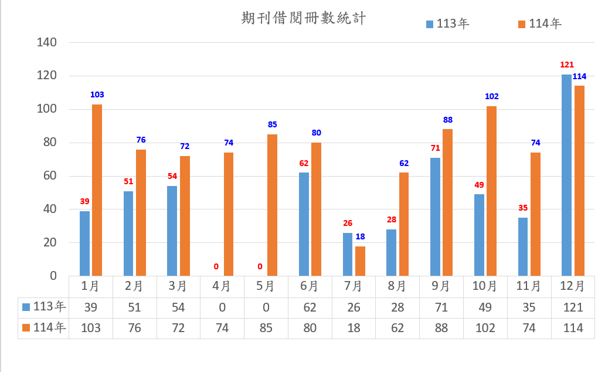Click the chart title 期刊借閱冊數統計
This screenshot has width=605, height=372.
point(303,18)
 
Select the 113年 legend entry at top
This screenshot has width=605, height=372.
point(448,24)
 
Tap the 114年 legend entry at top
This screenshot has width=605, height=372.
point(540,24)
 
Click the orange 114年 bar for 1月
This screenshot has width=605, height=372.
point(97,190)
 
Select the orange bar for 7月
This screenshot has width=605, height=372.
point(360,261)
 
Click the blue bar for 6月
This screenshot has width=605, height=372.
point(304,224)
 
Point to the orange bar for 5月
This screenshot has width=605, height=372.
point(272,205)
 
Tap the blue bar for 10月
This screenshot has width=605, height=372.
point(479,235)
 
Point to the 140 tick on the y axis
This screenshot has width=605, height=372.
point(46,42)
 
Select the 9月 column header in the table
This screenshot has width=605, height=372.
point(441,286)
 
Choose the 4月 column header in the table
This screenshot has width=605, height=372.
point(222,286)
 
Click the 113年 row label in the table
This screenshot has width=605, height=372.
point(44,307)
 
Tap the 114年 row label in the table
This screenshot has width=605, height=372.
point(44,328)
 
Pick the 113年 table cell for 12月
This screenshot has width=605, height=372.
point(572,307)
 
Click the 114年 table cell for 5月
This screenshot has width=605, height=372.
point(266,328)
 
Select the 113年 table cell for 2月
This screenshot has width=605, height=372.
point(134,307)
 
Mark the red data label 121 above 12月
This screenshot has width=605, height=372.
point(567,65)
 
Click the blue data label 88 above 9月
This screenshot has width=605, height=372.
point(448,120)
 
